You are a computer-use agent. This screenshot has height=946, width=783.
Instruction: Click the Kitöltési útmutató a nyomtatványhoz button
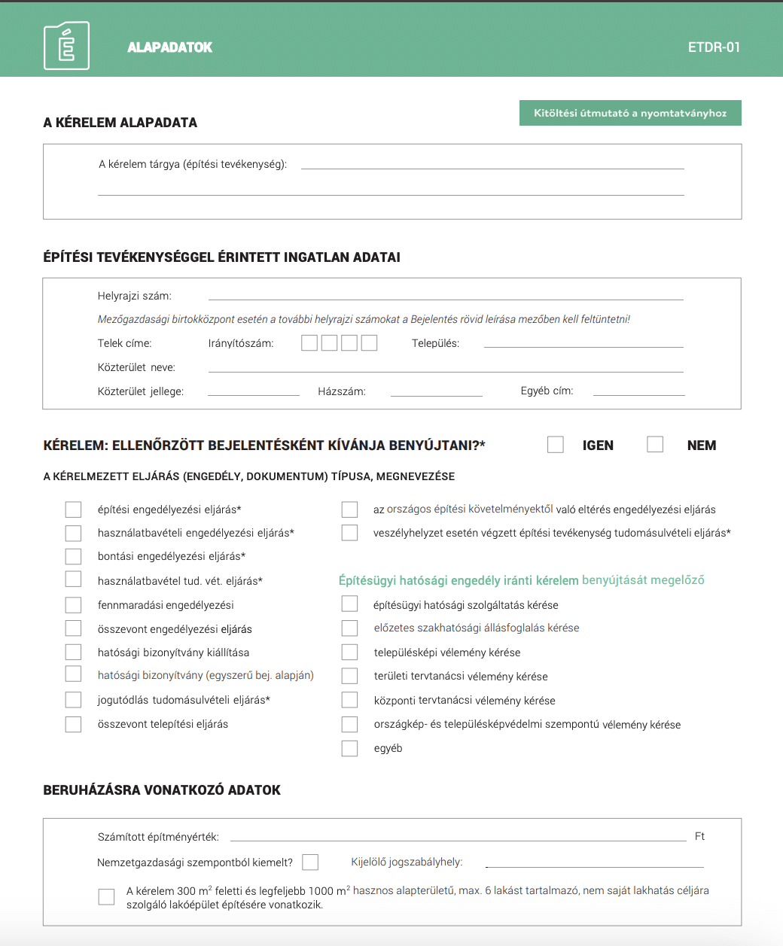[630, 113]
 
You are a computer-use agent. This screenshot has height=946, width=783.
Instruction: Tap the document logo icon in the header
[66, 46]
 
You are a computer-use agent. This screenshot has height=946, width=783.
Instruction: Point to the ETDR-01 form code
[714, 47]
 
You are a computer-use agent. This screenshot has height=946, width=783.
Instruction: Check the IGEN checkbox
[556, 445]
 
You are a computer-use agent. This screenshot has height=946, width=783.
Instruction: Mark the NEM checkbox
[655, 445]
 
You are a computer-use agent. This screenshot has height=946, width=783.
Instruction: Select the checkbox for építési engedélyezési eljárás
[73, 510]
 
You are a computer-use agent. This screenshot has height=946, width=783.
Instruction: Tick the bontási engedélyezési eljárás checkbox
[73, 556]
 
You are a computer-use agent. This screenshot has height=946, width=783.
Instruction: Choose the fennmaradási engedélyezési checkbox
[73, 605]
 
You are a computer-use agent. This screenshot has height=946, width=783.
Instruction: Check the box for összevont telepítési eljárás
[73, 724]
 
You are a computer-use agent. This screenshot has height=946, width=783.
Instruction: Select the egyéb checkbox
[349, 748]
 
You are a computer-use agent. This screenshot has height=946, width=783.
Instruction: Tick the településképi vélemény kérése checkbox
[349, 652]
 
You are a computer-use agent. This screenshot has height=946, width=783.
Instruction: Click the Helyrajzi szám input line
[446, 294]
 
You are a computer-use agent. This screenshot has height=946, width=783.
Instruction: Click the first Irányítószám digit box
[309, 343]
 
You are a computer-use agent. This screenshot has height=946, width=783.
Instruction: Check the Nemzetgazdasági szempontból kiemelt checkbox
[310, 862]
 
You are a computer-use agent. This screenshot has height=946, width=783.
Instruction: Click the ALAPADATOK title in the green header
[170, 47]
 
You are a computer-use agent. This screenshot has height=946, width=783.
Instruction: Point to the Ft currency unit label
[700, 836]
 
